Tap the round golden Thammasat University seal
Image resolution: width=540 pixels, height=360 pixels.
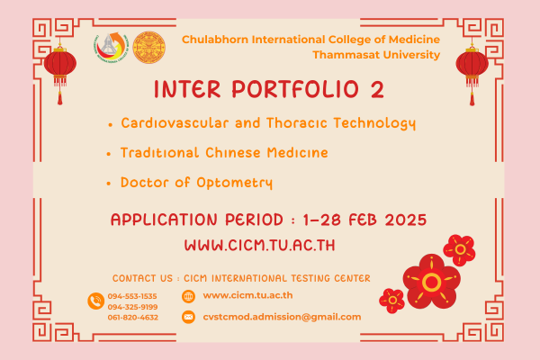click(148, 48)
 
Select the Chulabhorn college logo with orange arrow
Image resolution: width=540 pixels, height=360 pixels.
click(111, 47)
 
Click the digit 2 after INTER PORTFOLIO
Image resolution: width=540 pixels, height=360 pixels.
click(377, 90)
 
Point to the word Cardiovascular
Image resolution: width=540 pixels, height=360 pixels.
click(175, 123)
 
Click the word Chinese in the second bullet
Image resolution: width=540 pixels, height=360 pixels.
click(233, 153)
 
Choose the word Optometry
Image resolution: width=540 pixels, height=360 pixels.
click(235, 183)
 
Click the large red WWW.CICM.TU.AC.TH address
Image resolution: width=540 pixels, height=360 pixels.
click(260, 246)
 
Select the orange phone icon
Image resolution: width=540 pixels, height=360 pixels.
click(96, 301)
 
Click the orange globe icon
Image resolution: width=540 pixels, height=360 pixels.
click(188, 296)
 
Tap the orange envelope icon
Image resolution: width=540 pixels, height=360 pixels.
click(188, 317)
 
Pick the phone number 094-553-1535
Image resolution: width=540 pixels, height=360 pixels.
click(132, 296)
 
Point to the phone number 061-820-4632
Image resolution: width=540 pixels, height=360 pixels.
click(133, 318)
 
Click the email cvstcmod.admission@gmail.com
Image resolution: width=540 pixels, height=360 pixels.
click(282, 317)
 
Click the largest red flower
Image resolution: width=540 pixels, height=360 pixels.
click(431, 282)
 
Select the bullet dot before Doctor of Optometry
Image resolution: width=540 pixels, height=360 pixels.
click(109, 184)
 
